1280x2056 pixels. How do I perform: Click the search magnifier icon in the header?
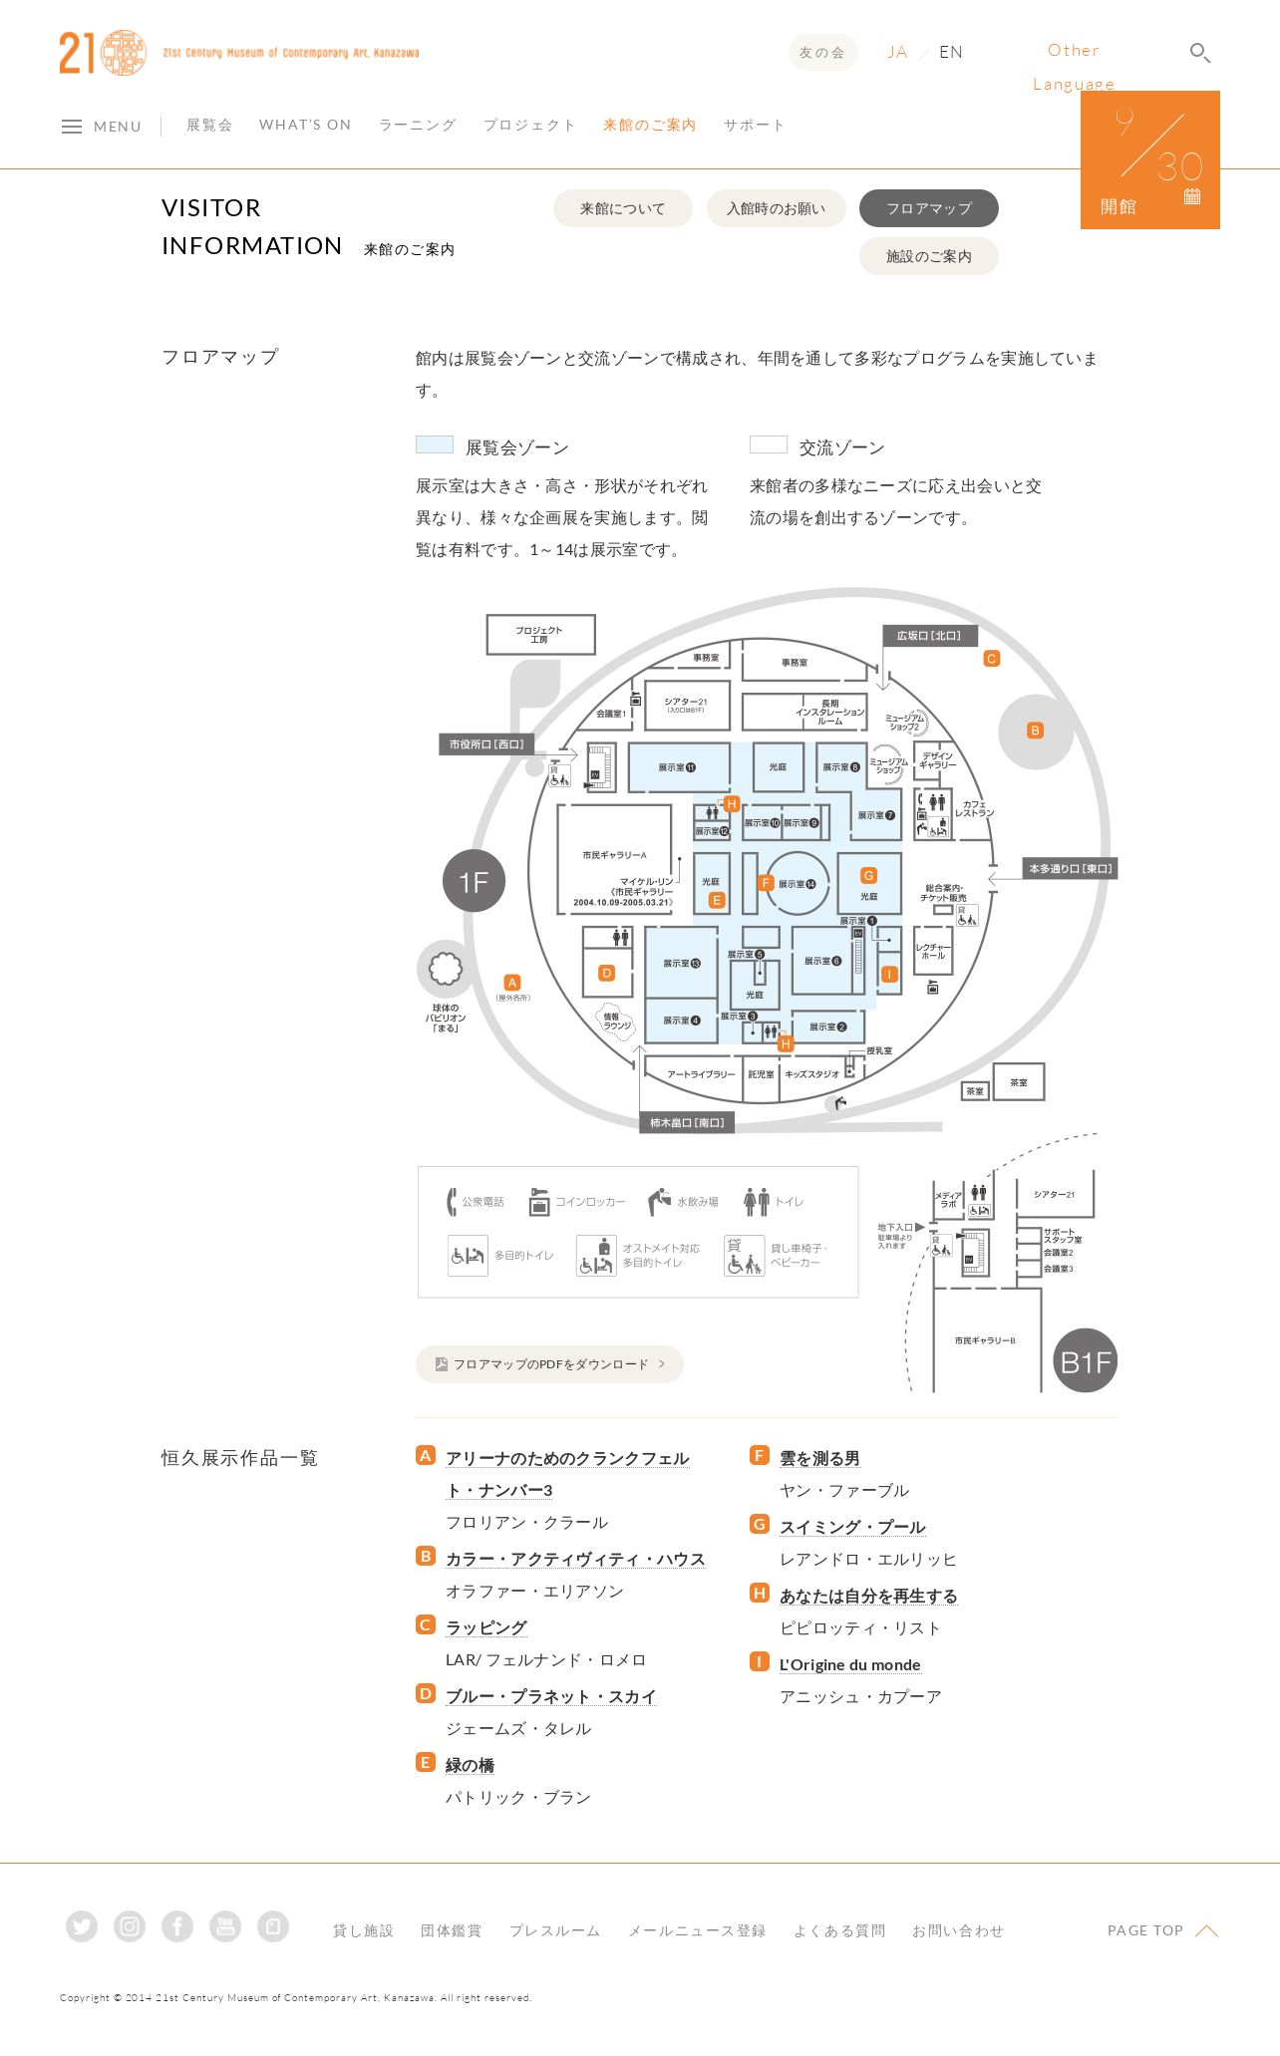click(x=1199, y=53)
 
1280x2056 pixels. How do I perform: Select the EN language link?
click(x=950, y=52)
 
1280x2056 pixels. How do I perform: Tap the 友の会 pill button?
click(x=821, y=53)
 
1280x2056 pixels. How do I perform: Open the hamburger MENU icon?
click(x=72, y=127)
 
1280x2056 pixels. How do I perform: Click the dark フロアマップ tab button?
click(x=928, y=208)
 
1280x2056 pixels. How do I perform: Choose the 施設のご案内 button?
click(x=928, y=256)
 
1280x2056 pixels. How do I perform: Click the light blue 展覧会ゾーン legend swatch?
click(x=434, y=444)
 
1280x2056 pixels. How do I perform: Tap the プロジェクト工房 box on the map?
click(x=540, y=634)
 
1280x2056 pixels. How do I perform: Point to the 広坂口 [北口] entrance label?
click(x=929, y=635)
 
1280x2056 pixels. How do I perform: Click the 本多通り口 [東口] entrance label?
click(x=1069, y=869)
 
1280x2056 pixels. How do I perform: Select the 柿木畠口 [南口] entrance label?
click(x=687, y=1122)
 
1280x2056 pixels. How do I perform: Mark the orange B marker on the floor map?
click(x=1035, y=731)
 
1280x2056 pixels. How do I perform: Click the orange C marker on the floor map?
click(x=991, y=659)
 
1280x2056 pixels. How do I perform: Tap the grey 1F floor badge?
click(x=474, y=881)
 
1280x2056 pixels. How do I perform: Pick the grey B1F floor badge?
click(x=1085, y=1361)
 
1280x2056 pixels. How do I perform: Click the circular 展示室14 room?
click(x=797, y=883)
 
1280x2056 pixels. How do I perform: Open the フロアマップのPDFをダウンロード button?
click(x=549, y=1364)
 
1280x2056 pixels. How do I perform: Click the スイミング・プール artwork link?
click(x=852, y=1527)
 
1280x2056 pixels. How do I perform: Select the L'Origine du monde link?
click(x=849, y=1664)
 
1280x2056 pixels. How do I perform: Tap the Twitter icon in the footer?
click(x=82, y=1926)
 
